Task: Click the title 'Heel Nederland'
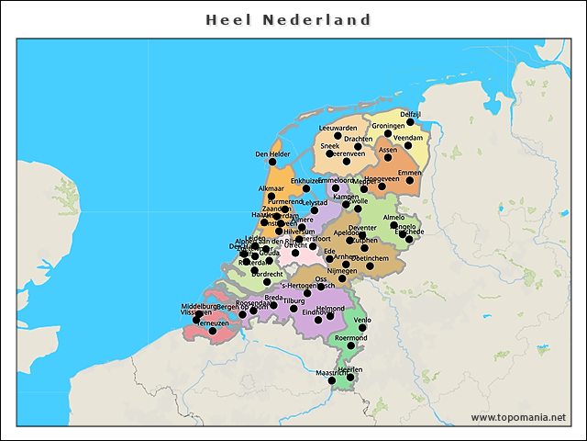(288, 19)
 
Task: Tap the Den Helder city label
(272, 154)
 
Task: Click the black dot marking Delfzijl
(411, 122)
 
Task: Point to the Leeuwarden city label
(338, 128)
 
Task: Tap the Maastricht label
(332, 373)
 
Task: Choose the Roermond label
(350, 338)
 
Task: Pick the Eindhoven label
(317, 312)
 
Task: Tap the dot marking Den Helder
(271, 162)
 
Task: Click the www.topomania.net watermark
(518, 417)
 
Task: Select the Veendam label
(407, 138)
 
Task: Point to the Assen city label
(388, 149)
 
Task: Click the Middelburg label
(199, 306)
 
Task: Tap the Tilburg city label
(293, 300)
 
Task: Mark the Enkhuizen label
(305, 182)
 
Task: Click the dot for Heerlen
(350, 377)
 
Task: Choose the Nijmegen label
(341, 271)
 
